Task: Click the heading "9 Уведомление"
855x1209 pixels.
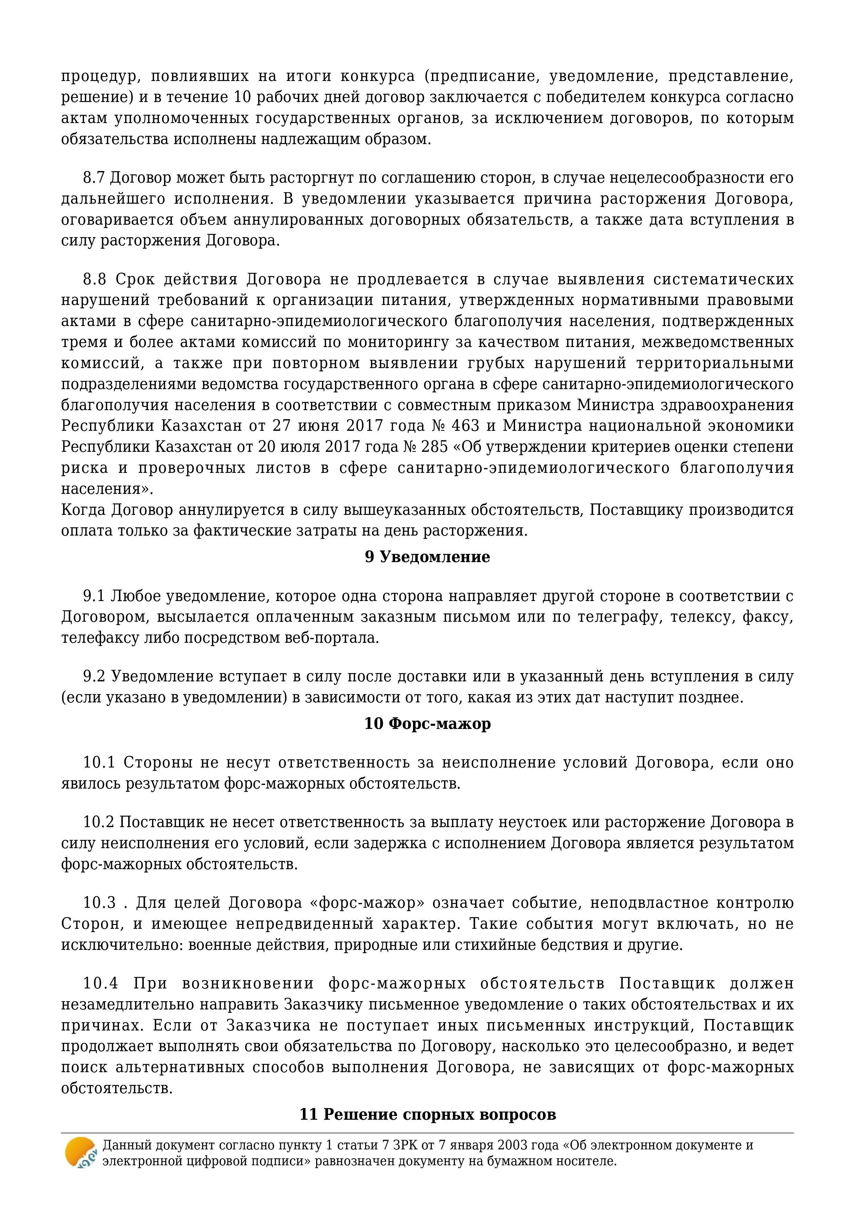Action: click(427, 557)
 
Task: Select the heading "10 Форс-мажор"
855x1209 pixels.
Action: click(427, 723)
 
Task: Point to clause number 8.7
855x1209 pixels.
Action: click(94, 178)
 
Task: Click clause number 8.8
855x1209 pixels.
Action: click(94, 279)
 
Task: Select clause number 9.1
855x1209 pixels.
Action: click(94, 596)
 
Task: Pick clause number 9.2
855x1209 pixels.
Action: click(94, 676)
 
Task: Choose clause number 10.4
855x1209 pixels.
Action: click(100, 983)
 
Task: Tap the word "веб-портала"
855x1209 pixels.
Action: click(345, 638)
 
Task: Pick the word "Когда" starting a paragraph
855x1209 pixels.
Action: click(84, 510)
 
